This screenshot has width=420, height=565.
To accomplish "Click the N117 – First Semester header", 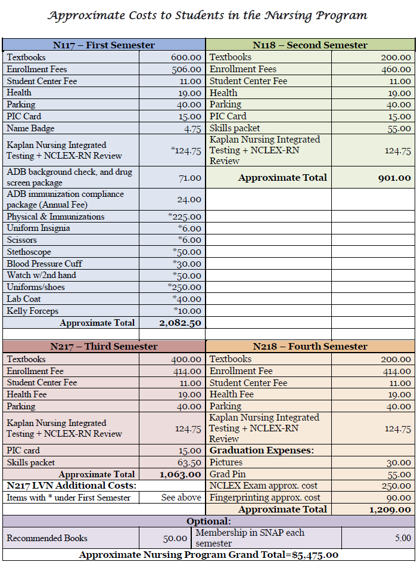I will pos(104,45).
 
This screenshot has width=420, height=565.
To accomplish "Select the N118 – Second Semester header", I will pos(310,45).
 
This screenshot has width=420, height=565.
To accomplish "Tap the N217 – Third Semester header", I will pos(104,347).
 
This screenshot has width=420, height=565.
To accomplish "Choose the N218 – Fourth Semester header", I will pos(310,347).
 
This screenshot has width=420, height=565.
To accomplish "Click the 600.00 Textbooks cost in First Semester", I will pos(186,57).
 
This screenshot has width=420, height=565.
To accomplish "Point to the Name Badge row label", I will pos(30,128).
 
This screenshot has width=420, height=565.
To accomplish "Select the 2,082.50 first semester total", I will pos(180,323).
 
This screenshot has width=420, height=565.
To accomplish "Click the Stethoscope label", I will pos(29,252).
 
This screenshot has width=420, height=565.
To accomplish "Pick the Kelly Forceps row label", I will pos(33,311).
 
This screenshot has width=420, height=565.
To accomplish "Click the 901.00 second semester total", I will pos(394,178).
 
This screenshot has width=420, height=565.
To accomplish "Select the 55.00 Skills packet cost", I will pos(399,128).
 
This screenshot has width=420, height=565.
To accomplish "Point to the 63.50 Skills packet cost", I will pos(189,462).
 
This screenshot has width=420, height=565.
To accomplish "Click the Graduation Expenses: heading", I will pos(262,450).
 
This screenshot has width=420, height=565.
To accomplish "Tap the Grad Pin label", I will pos(227,474).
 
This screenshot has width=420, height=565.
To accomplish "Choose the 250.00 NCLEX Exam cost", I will pos(396,486).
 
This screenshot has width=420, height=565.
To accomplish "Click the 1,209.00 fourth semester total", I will pos(390,510).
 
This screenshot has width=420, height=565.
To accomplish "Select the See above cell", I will pos(181,498).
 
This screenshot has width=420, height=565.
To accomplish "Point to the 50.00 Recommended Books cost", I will pos(175,538).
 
